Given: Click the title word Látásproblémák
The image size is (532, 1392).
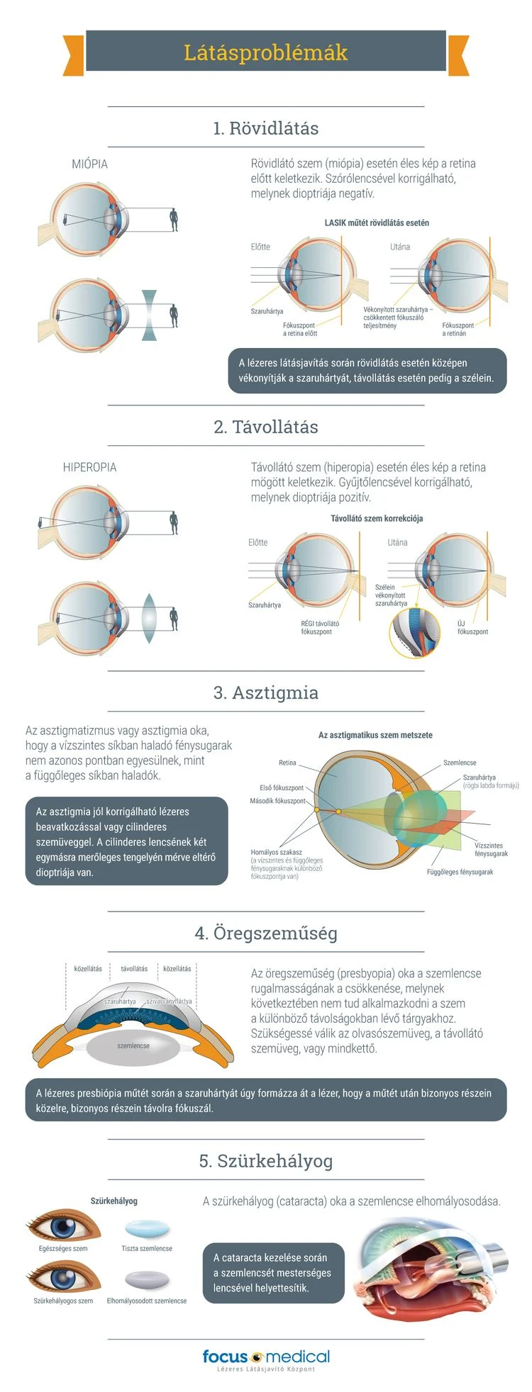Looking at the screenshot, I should click(266, 52).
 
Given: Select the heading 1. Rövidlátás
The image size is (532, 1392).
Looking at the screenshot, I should click(266, 128).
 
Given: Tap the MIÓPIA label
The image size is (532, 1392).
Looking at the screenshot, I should click(90, 164).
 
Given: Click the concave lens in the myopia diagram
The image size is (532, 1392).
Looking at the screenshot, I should click(149, 315).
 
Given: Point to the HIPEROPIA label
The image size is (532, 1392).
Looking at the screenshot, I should click(89, 467).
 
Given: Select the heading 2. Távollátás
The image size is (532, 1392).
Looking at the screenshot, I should click(266, 427).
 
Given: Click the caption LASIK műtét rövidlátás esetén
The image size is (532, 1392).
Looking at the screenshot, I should click(377, 223).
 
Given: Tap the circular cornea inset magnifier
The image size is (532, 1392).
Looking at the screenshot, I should click(415, 632).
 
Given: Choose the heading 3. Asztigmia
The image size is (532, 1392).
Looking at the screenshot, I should click(266, 692).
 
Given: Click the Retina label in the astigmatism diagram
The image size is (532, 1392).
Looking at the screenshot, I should click(287, 763).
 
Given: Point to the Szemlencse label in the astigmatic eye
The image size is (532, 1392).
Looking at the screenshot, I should click(460, 763).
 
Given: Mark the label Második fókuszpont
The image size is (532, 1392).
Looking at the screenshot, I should click(277, 801).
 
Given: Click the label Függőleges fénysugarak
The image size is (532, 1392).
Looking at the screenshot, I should click(460, 872).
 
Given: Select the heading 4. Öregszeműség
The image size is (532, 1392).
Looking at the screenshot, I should click(266, 933).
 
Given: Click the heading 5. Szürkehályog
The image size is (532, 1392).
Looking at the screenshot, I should click(266, 1161).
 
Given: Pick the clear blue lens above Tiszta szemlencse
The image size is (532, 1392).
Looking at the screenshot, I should click(147, 1228).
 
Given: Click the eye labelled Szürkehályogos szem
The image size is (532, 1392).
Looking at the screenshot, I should click(63, 1278).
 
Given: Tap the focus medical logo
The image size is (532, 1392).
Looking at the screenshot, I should click(266, 1357).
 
